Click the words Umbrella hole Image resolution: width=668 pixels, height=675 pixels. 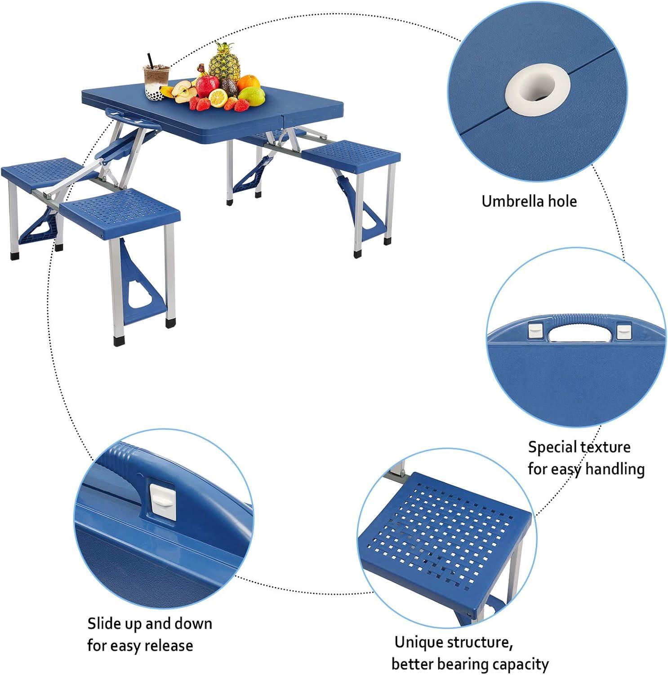pyautogui.click(x=529, y=201)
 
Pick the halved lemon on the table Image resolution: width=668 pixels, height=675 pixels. pyautogui.click(x=218, y=99)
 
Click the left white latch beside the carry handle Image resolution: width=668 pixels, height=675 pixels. pyautogui.click(x=535, y=332)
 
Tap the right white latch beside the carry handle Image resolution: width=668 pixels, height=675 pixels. pyautogui.click(x=622, y=332)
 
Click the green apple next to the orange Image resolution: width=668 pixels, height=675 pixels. pyautogui.click(x=252, y=95)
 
